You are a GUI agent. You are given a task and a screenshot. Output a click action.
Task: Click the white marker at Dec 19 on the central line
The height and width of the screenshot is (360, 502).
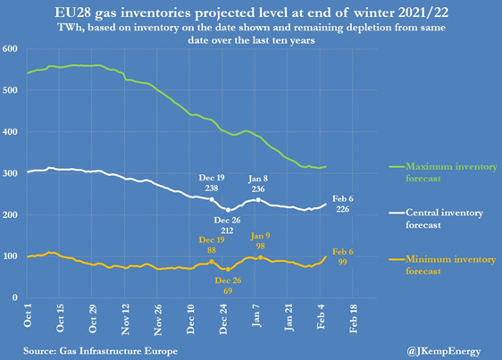point(212,199)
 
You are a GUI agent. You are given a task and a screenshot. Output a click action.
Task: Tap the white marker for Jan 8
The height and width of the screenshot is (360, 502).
point(258,200)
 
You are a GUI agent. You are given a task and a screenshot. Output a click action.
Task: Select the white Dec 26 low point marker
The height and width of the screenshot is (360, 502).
point(228,210)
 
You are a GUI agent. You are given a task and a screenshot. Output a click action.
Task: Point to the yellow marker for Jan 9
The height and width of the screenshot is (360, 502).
point(261,257)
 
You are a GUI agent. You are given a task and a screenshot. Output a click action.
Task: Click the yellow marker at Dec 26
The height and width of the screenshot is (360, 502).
point(228,270)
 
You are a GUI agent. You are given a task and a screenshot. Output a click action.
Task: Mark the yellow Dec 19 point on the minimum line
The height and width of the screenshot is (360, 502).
point(212,262)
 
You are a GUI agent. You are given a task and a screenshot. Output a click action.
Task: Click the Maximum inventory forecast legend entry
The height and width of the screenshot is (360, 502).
point(443,172)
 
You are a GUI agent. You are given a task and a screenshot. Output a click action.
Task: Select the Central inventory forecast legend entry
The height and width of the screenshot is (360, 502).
point(436,219)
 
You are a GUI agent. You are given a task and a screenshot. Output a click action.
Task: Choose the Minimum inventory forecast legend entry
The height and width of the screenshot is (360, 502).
point(442,265)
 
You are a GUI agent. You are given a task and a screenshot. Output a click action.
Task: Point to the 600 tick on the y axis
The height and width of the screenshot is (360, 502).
point(10,48)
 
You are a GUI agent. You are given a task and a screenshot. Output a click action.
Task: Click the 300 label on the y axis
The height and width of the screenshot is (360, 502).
point(10,173)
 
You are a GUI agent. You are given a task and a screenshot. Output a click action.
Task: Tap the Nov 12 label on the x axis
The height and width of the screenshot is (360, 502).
point(125,319)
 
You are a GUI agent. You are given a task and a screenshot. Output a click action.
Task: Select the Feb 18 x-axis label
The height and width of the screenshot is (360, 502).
point(353,318)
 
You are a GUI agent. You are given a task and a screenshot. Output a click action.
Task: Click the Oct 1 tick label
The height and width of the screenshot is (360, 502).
point(28,314)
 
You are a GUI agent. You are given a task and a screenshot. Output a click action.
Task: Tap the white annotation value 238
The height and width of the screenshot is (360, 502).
point(212,188)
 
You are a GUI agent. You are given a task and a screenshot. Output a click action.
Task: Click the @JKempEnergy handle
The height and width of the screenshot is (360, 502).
point(444,351)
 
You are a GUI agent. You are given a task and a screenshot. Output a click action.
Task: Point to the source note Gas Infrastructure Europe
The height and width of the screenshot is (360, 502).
point(119,351)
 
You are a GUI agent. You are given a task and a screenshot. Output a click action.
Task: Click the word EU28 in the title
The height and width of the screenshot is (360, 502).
point(71,13)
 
